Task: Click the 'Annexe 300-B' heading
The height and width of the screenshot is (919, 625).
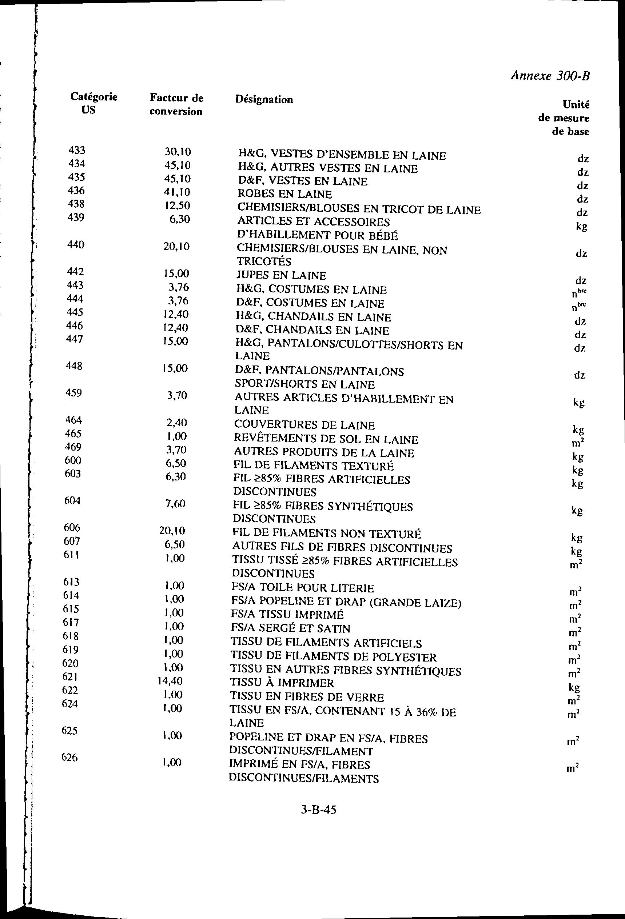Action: click(x=550, y=76)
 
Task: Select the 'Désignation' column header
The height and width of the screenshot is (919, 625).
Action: click(x=264, y=99)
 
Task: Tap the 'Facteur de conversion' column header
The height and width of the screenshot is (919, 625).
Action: click(x=176, y=104)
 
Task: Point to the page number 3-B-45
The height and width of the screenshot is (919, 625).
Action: click(x=318, y=810)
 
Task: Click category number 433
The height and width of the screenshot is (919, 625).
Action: click(x=77, y=150)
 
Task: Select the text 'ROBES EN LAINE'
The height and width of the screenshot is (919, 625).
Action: click(x=284, y=194)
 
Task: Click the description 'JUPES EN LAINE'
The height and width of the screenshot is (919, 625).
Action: click(x=281, y=275)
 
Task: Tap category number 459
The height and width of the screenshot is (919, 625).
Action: click(x=73, y=393)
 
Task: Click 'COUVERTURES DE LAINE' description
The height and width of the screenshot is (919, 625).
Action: click(x=304, y=425)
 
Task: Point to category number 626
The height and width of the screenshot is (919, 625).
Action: click(x=69, y=757)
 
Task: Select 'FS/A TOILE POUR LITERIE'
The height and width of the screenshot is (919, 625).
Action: click(x=303, y=588)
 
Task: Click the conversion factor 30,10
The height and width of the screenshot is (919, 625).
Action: click(x=178, y=151)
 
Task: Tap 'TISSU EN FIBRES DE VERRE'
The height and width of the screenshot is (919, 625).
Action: click(x=307, y=697)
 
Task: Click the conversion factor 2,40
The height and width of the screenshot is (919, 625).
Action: click(x=176, y=423)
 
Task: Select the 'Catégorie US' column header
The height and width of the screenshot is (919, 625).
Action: click(x=94, y=103)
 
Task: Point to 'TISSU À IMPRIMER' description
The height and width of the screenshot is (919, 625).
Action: click(x=282, y=683)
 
